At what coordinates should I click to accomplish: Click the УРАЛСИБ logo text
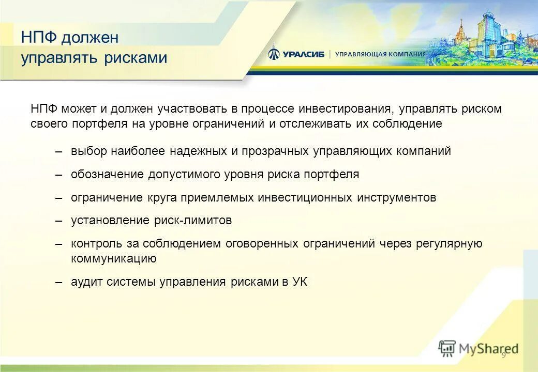(303, 54)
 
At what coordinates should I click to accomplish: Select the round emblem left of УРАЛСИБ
(274, 53)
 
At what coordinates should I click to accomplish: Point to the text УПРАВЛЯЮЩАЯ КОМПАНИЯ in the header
(380, 54)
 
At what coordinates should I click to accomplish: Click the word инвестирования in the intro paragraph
(343, 109)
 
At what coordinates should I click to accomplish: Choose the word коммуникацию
(114, 259)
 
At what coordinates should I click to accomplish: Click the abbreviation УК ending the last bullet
(300, 282)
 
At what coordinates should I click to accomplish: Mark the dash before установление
(59, 221)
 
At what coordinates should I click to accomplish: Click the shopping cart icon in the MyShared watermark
(447, 348)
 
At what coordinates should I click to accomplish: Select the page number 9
(503, 353)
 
